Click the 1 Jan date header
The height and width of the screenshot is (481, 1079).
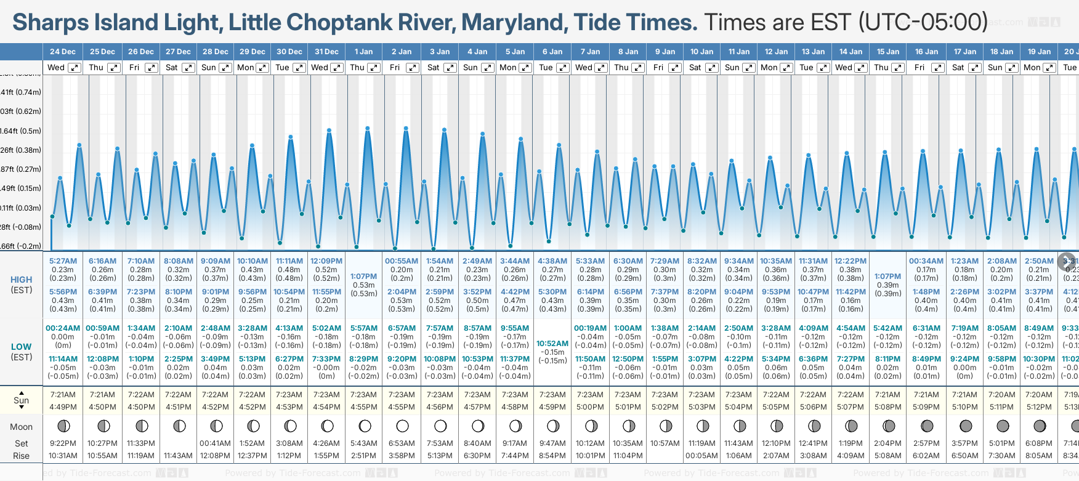click(x=363, y=52)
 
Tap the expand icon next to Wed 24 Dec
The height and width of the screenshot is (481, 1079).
click(x=75, y=68)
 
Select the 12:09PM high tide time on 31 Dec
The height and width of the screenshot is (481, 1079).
click(x=326, y=261)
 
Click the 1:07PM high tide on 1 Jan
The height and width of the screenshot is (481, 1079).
click(x=363, y=277)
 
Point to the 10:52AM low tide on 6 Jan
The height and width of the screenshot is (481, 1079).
click(x=552, y=344)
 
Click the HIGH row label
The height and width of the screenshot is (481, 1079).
click(x=22, y=280)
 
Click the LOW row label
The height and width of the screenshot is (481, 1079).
click(x=21, y=347)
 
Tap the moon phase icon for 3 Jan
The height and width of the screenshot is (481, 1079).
click(x=440, y=426)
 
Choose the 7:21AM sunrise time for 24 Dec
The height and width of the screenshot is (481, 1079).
click(x=63, y=395)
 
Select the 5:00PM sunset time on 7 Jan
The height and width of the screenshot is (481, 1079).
click(x=590, y=407)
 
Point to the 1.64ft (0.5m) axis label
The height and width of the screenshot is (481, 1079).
click(x=21, y=131)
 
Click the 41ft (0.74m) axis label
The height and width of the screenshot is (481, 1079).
click(x=21, y=92)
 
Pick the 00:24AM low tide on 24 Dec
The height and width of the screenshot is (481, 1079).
click(x=63, y=328)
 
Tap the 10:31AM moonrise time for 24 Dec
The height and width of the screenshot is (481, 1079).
click(x=63, y=456)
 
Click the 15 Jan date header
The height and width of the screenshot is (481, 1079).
click(x=889, y=52)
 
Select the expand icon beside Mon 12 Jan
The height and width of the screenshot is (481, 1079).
click(x=786, y=68)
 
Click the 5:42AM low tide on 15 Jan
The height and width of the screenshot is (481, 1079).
click(x=887, y=328)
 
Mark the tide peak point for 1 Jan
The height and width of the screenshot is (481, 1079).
click(x=368, y=129)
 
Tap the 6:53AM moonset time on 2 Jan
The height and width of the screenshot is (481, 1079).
click(x=402, y=443)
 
